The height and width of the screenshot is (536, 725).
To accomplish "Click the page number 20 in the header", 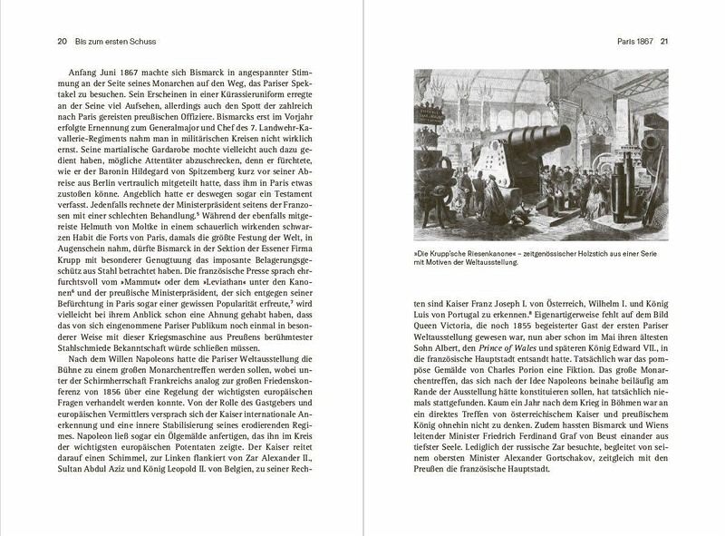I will (36, 41).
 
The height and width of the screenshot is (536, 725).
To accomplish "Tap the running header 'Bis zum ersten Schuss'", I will (92, 41).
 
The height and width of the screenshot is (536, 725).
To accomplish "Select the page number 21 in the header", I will (664, 41).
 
